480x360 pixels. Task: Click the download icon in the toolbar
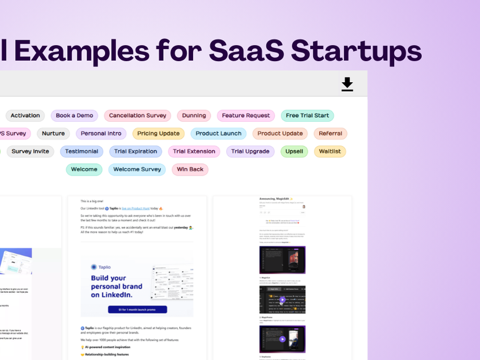(x=347, y=84)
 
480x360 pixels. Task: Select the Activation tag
(x=25, y=115)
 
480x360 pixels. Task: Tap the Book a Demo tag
(x=74, y=115)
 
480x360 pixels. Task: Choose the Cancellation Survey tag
(x=137, y=115)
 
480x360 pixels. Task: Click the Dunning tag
(x=194, y=115)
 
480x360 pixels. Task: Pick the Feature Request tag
(x=246, y=115)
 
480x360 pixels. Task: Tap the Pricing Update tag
(x=158, y=133)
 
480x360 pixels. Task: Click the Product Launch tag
(x=218, y=133)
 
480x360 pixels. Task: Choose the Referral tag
(x=331, y=133)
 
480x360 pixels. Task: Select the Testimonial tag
(x=82, y=151)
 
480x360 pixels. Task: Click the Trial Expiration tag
(x=136, y=151)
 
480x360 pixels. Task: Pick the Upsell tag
(x=295, y=151)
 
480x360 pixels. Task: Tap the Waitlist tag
(x=330, y=151)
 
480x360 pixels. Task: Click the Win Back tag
(x=190, y=169)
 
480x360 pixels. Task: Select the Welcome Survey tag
(x=137, y=169)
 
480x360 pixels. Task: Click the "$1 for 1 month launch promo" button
(x=137, y=309)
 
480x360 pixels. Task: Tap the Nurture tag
(x=53, y=133)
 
